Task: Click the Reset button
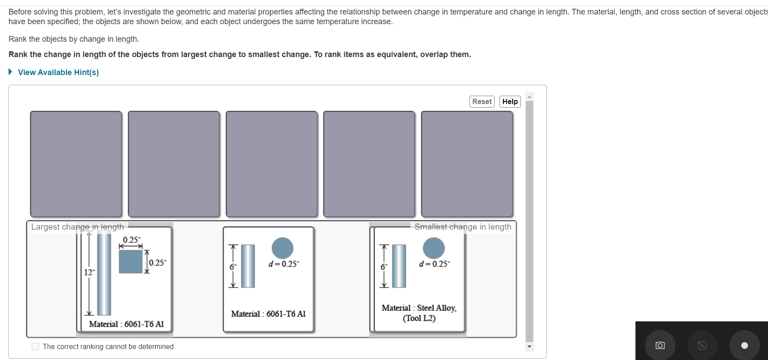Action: point(482,101)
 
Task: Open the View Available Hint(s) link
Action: point(58,72)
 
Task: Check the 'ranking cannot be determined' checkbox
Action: point(36,347)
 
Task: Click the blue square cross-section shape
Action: point(131,262)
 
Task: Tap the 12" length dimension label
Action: point(89,272)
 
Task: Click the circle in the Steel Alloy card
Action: point(434,248)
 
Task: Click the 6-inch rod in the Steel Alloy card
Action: point(399,266)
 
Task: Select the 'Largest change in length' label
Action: point(78,227)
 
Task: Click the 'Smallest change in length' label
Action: point(463,227)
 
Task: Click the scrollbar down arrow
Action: point(530,347)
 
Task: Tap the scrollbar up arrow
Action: point(530,97)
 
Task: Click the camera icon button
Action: point(660,346)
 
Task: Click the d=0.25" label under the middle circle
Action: point(284,264)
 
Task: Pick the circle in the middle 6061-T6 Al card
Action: point(283,248)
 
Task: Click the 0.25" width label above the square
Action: point(132,240)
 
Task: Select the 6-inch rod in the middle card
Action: point(248,266)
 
